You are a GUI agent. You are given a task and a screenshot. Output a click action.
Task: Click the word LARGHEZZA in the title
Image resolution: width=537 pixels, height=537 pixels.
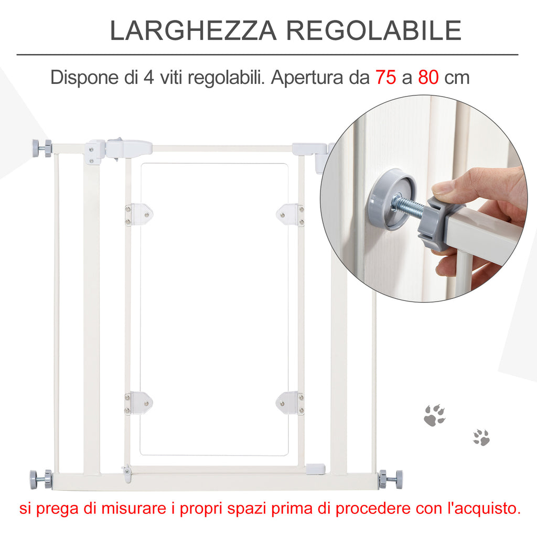pos(193,30)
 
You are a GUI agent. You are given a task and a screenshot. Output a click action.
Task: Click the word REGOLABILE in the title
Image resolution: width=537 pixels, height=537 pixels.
pos(374,30)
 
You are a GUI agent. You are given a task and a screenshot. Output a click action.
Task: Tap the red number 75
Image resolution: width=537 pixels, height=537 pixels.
pos(385,77)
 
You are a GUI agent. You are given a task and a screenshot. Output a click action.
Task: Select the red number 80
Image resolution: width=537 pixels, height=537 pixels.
pos(428,77)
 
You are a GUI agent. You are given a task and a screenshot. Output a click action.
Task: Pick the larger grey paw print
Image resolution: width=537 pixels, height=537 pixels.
pos(435,415)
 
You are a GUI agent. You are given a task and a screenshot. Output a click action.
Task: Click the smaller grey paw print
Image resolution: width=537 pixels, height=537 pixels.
pos(481,437)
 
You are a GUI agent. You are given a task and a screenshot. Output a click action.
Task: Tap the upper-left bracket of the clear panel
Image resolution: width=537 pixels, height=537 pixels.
pos(138,214)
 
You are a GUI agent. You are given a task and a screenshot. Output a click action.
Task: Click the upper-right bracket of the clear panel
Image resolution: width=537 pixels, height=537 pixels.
pos(290,214)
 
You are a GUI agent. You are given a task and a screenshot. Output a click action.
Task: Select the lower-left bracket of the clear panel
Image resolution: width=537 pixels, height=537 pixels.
pos(138,403)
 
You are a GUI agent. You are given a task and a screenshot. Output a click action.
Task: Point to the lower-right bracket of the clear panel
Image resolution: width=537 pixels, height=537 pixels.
pos(290,403)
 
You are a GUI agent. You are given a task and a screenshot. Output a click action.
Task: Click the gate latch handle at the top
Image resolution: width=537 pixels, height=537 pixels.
pos(129,148)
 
